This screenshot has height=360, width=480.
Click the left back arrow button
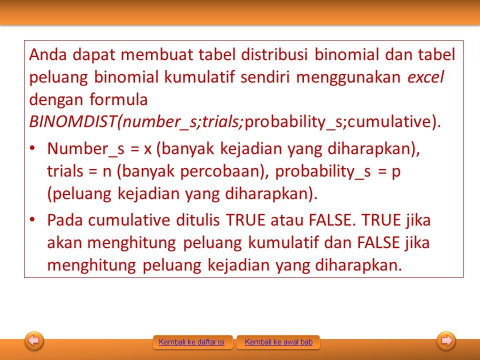click(34, 340)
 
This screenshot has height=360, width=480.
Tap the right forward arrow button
click(446, 340)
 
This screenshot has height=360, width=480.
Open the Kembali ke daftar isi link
click(191, 342)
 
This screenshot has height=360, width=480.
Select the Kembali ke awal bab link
click(278, 342)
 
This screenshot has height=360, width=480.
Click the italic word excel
click(425, 77)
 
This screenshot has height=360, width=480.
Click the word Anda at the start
click(48, 55)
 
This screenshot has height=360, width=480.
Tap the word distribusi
click(274, 55)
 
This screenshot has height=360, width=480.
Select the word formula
click(118, 99)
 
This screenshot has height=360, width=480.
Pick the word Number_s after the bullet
click(85, 149)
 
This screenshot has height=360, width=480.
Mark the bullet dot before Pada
click(32, 220)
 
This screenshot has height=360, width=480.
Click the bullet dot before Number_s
click(32, 148)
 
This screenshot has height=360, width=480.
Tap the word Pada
click(65, 220)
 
